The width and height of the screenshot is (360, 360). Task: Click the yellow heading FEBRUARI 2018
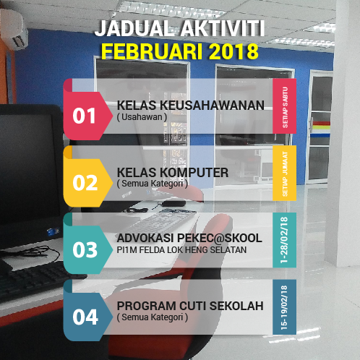[180, 51]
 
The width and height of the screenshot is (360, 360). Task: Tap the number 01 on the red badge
[85, 116]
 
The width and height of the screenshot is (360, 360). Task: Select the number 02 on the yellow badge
[85, 182]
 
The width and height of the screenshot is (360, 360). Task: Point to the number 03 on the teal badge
[85, 250]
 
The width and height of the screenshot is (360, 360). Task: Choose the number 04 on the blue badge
[85, 317]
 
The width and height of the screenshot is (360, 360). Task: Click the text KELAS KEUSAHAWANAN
[190, 105]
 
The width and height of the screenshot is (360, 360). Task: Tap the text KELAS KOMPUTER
[173, 172]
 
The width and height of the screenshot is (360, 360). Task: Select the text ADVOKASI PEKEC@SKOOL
[189, 239]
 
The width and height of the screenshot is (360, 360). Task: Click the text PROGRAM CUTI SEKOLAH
[190, 305]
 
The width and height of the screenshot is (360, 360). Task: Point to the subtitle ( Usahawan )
[142, 116]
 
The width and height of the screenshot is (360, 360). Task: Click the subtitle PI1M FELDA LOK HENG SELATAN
[181, 250]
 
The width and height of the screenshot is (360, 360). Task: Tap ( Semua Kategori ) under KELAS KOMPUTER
[152, 184]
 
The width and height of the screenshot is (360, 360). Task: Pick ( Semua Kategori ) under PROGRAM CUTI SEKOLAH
[152, 317]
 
